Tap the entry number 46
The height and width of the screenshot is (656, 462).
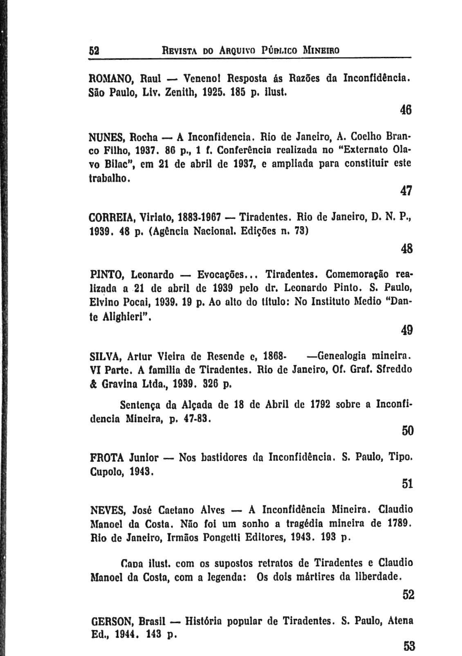point(406,110)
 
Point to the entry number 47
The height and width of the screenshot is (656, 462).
point(406,191)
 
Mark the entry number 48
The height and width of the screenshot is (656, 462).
point(406,248)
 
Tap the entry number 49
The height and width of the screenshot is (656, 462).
point(406,330)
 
